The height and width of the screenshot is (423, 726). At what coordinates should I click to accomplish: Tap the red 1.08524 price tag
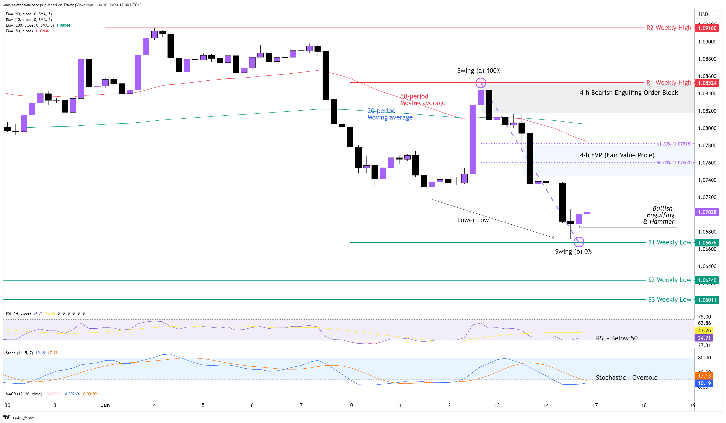[x=707, y=83]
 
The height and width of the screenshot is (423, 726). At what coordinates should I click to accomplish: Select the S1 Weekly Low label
[x=669, y=242]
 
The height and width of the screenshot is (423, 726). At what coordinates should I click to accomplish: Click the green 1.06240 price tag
[x=707, y=280]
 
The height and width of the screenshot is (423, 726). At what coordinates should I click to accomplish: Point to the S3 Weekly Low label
[x=669, y=300]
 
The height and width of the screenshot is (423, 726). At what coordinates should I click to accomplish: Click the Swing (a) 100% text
[x=479, y=71]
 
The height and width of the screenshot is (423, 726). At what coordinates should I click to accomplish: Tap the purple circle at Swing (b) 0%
[x=579, y=242]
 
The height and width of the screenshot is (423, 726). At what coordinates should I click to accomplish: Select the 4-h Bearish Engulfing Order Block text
[x=629, y=92]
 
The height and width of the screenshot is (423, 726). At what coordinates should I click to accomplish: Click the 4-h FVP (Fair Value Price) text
[x=617, y=155]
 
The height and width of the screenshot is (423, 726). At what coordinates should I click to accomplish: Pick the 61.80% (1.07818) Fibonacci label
[x=674, y=144]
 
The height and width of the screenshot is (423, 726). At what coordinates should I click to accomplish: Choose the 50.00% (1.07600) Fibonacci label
[x=674, y=163]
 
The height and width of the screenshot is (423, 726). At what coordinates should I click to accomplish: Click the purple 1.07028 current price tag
[x=707, y=212]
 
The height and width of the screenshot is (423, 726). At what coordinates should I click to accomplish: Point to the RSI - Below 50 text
[x=617, y=338]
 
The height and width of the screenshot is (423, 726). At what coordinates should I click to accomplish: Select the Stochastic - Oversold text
[x=626, y=378]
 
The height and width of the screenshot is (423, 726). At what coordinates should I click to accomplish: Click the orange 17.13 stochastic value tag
[x=704, y=376]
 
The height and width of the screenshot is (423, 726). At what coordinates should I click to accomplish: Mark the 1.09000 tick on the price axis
[x=707, y=42]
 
